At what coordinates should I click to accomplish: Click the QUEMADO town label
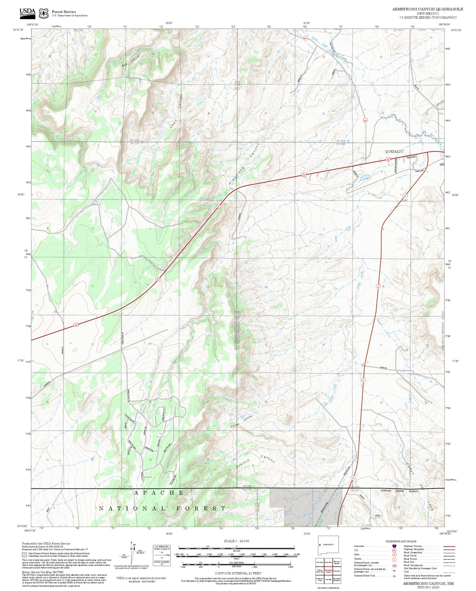[x=394, y=151]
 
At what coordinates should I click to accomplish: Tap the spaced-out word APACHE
[x=159, y=493]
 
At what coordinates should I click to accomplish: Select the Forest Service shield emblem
[x=43, y=13]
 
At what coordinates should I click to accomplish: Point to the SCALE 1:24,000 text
[x=236, y=541]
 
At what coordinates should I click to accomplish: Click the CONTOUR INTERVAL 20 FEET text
[x=238, y=573]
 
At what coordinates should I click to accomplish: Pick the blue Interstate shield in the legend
[x=394, y=546]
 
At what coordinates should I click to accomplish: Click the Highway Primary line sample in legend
[x=447, y=547]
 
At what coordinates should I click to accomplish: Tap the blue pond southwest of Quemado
[x=364, y=176]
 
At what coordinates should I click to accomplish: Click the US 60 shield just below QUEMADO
[x=388, y=159]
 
